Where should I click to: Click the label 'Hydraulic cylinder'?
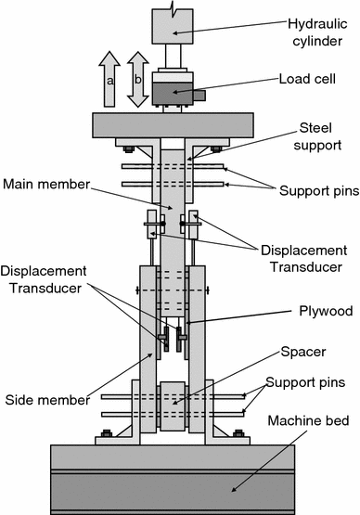click(317, 32)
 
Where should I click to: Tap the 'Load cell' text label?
click(307, 79)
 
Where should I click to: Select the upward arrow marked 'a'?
click(109, 79)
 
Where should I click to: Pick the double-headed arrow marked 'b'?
click(138, 79)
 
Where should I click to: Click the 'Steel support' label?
click(317, 136)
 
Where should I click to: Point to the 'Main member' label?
click(46, 185)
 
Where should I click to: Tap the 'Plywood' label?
click(326, 311)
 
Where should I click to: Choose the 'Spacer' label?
click(303, 352)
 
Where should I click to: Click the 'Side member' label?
click(47, 400)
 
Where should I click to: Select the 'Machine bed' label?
click(308, 420)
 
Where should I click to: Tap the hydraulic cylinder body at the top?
click(173, 26)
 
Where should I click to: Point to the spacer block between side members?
click(173, 406)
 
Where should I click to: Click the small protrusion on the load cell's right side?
click(199, 96)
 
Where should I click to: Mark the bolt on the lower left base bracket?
click(107, 433)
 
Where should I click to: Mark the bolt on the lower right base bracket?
click(238, 433)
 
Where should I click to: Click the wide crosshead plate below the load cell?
click(173, 125)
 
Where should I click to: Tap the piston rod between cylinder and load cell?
click(173, 57)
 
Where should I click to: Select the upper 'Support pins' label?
click(319, 191)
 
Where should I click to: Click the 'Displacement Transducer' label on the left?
click(44, 280)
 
